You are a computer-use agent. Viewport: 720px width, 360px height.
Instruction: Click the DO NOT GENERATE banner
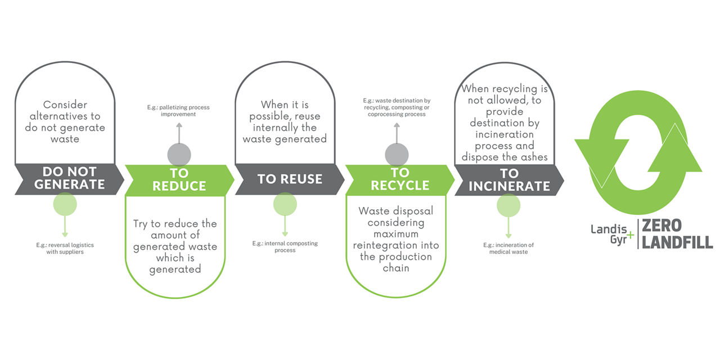[69, 179]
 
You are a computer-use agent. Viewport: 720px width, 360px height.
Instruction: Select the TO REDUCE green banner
[179, 180]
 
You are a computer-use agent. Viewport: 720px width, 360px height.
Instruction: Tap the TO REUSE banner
[290, 179]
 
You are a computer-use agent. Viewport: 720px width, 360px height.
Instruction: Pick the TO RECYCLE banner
[400, 179]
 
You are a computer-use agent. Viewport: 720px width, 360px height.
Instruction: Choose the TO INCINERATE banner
[509, 180]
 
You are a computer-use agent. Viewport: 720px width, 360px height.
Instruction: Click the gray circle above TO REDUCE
[179, 155]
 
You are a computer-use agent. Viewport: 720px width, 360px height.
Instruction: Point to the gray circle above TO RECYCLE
[397, 155]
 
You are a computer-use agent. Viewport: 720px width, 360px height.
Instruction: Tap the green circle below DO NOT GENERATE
[65, 204]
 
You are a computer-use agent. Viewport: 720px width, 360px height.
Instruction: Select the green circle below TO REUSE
[285, 204]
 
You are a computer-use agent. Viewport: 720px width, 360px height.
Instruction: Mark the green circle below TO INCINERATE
[508, 205]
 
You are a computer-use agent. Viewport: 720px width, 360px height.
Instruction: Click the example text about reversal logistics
[65, 249]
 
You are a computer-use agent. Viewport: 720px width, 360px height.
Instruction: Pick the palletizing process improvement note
[178, 111]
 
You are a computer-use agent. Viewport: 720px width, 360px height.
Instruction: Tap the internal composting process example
[285, 246]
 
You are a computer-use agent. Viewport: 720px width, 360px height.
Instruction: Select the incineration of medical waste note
[508, 249]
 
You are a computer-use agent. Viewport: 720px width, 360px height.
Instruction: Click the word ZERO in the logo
[662, 226]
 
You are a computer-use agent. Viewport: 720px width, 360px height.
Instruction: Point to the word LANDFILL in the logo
[677, 242]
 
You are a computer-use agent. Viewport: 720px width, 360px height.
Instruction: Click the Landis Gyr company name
[609, 235]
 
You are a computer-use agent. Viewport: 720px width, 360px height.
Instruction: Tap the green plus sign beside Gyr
[631, 235]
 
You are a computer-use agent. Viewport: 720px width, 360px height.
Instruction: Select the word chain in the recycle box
[396, 268]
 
